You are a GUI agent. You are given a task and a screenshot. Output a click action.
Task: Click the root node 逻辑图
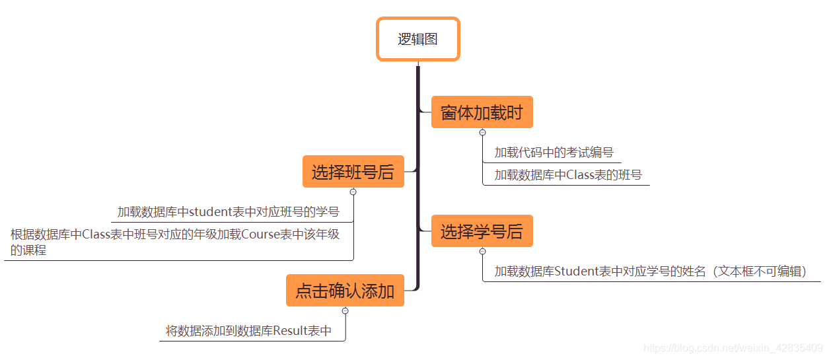click(x=417, y=39)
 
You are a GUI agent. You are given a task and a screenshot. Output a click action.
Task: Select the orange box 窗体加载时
click(x=482, y=112)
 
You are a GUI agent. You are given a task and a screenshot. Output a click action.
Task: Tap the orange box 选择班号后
click(x=353, y=172)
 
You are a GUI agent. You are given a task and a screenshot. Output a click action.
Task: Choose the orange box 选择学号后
click(x=482, y=232)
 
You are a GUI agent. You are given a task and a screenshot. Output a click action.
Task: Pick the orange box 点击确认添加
click(x=344, y=291)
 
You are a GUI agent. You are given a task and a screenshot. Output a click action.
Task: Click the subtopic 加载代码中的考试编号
click(x=554, y=153)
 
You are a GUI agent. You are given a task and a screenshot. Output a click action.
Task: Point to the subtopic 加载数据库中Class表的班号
click(x=568, y=175)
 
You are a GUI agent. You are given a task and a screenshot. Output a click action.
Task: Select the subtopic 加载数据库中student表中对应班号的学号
click(x=228, y=212)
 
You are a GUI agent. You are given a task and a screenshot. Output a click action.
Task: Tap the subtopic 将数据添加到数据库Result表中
click(x=248, y=330)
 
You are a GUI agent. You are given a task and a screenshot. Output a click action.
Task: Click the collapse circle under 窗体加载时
click(x=482, y=133)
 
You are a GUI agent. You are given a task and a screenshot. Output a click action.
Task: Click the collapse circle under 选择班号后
click(x=353, y=192)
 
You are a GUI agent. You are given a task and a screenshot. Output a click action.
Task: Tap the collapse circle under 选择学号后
click(x=482, y=252)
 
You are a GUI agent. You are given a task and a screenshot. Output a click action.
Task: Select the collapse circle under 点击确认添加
click(x=345, y=311)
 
